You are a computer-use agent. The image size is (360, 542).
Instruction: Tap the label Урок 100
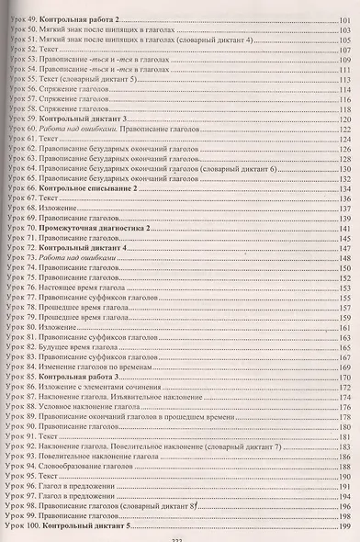[22, 528]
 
